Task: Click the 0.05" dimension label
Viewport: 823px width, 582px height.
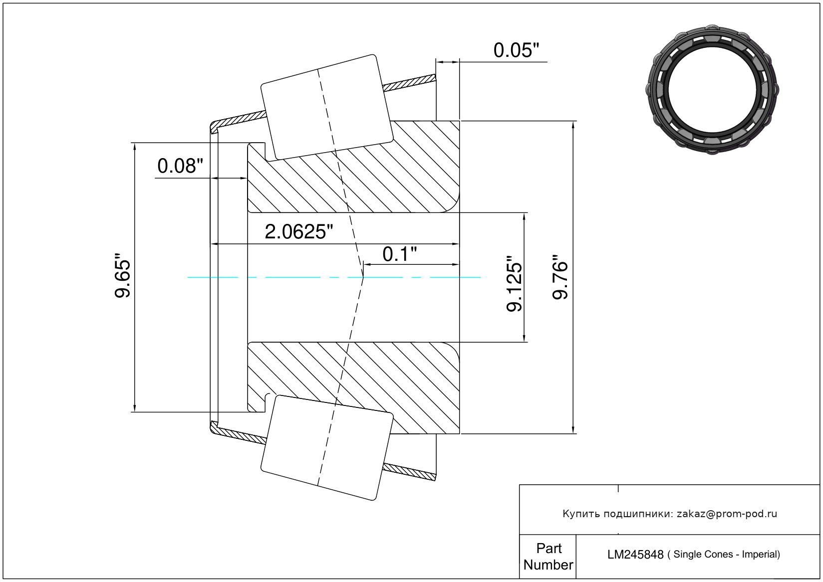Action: [516, 50]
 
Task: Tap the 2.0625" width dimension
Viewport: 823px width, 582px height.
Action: [298, 232]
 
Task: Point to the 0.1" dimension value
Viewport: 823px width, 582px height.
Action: [400, 254]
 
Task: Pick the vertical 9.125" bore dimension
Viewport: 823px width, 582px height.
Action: [514, 284]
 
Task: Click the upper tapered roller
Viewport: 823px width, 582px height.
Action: [327, 107]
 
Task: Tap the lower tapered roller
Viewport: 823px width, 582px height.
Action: [327, 448]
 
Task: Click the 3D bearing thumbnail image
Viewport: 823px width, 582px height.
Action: [712, 90]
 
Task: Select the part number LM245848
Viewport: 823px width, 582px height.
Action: [635, 555]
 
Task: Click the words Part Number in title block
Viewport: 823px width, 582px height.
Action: [549, 556]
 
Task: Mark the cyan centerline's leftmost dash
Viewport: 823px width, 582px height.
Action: [213, 277]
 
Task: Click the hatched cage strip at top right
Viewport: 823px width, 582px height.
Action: [409, 83]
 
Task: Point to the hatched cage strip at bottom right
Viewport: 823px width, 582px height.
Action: [409, 472]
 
